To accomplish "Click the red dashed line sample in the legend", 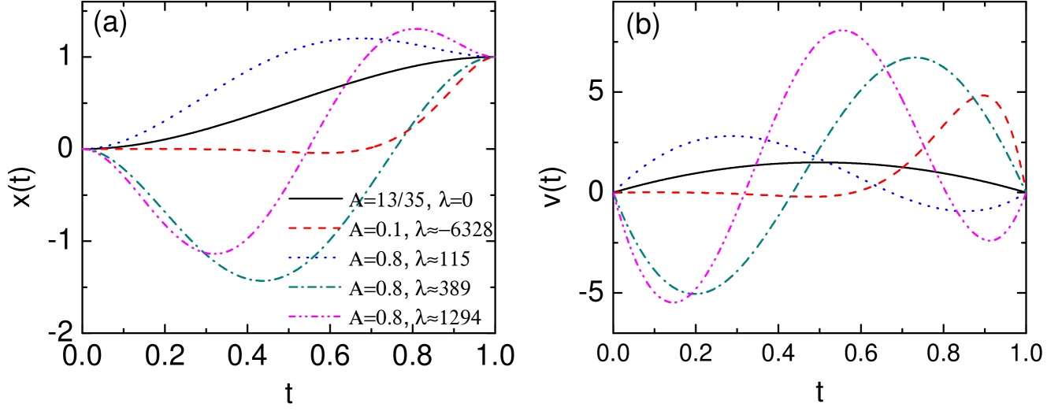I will pos(314,228).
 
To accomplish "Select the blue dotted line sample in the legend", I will pos(314,257).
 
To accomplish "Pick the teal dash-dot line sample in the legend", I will pos(314,287).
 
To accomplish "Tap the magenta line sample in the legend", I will pos(314,317).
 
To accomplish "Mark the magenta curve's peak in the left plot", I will pos(417,29).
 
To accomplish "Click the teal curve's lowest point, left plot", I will pos(262,280).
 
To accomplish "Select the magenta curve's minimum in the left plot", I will pos(215,254).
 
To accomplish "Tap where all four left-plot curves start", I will pos(84,149).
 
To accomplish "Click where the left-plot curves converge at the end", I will pos(493,57).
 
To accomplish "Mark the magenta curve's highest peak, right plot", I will pos(841,31).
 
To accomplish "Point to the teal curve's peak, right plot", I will pos(915,57).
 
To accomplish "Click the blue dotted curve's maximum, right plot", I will pos(731,136).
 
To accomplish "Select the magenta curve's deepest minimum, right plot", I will pos(674,302).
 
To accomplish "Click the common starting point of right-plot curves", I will pos(614,192).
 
